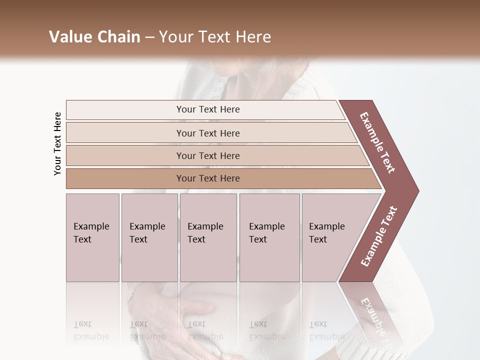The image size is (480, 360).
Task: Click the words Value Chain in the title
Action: (94, 37)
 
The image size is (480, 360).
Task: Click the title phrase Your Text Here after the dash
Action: (215, 37)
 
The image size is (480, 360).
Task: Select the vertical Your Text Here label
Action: (57, 143)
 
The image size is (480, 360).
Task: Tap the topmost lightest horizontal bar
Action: (207, 109)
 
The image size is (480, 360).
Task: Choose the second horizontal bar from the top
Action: (207, 133)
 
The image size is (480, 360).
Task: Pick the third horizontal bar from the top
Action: (207, 155)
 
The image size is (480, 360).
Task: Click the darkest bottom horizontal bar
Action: (207, 178)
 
